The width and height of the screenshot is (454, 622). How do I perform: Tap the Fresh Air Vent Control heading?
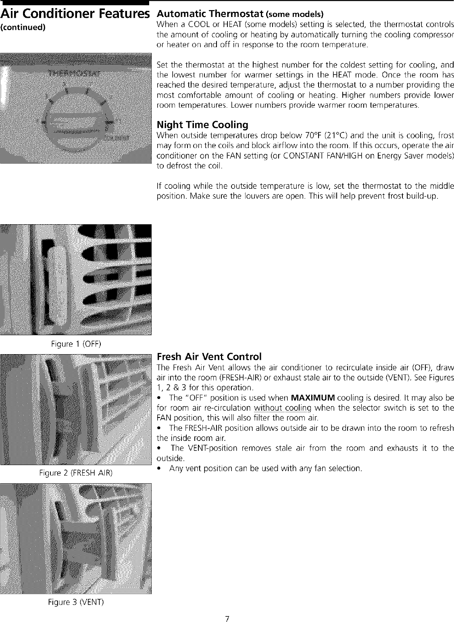click(209, 357)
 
